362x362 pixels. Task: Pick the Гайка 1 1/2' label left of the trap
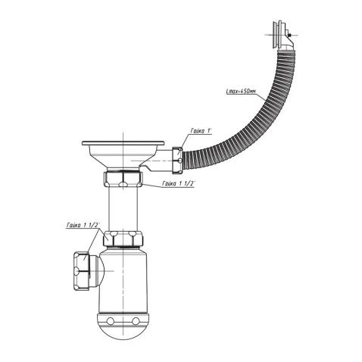pos(83,224)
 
